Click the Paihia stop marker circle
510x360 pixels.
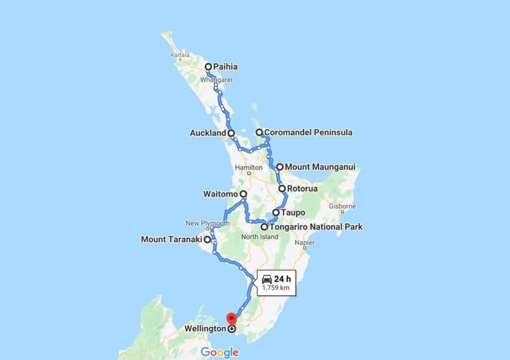point(209,66)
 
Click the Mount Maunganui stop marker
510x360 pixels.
point(280,167)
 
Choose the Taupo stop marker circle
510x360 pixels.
point(275,213)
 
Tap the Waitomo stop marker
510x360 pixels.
point(243,194)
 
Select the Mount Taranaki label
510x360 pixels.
point(171,239)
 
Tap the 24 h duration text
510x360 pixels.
point(282,278)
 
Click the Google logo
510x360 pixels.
point(220,353)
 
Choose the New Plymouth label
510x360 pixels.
point(208,223)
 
